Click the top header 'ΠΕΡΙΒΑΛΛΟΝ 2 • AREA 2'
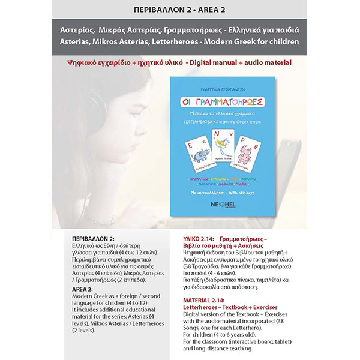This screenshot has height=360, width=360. [x=179, y=9]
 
